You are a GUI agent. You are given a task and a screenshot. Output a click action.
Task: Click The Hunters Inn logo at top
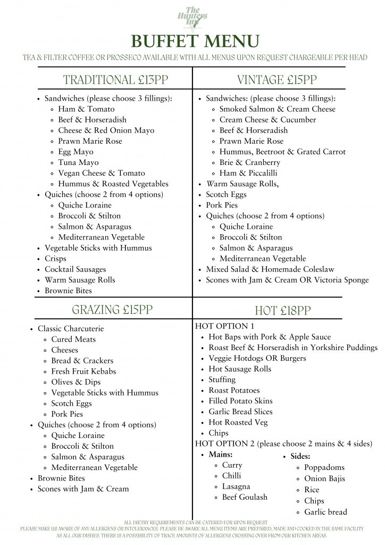tap(192, 17)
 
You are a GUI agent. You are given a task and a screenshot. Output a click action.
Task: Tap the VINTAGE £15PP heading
tap(277, 80)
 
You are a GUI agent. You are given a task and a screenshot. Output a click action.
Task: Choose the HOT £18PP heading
tap(283, 311)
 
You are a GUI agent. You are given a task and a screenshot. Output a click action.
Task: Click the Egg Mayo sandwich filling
tap(76, 152)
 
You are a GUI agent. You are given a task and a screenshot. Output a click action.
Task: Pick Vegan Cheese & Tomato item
tap(101, 173)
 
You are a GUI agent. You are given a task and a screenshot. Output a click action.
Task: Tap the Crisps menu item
tap(55, 259)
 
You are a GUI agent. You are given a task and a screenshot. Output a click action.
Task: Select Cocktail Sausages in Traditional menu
tap(75, 269)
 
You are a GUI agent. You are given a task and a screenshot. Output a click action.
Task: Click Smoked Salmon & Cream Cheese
tap(278, 109)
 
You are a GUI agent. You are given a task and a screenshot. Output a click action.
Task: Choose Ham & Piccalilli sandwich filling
tap(248, 173)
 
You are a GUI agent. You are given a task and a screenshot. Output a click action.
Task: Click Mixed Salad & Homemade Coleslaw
tap(270, 269)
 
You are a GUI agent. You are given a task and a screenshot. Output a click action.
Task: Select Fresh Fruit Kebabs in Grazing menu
tap(83, 371)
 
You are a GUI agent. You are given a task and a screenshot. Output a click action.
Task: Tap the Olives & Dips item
tap(76, 382)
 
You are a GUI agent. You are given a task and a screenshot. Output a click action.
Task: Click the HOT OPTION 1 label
tap(225, 326)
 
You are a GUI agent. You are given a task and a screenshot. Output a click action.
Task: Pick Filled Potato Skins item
tap(240, 401)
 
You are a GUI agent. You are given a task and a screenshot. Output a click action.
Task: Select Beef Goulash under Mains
tap(245, 497)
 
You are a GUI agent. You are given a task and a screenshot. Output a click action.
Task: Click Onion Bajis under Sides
tap(324, 478)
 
